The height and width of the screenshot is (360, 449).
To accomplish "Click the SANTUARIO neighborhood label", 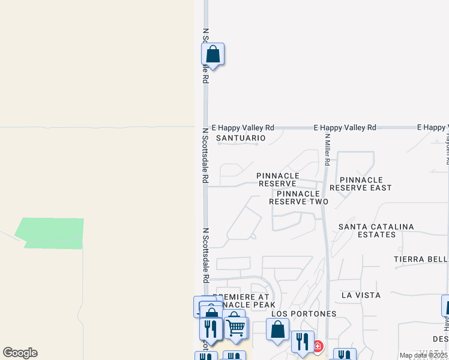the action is (241, 138).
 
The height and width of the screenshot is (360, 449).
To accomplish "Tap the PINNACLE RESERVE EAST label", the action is (364, 184).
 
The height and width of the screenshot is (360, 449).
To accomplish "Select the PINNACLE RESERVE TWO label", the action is (298, 197).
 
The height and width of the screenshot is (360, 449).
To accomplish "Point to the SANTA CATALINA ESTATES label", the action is (376, 230).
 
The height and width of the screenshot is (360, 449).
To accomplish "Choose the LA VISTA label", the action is (361, 295).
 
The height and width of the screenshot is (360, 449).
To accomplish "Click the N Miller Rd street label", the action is (328, 148).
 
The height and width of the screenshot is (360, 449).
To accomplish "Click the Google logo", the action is (20, 353).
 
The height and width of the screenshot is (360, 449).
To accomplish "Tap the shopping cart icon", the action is (237, 328).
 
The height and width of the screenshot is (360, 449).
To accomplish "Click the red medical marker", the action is (317, 347).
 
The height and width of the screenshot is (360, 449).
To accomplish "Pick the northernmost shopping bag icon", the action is (212, 54).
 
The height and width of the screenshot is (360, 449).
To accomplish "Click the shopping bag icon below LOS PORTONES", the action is (277, 329).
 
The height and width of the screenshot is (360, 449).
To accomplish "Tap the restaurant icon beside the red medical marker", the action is (303, 341).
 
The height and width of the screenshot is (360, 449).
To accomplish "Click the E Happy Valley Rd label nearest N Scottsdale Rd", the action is (243, 128).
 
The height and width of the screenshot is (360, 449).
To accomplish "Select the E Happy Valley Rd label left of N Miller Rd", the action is (345, 128).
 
